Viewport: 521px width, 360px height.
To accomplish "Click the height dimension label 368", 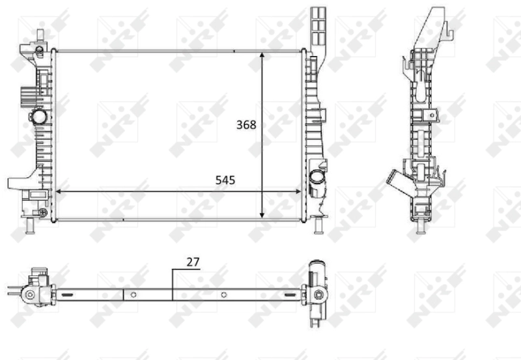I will coord(246,125).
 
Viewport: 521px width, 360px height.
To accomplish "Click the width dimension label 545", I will coord(225,180).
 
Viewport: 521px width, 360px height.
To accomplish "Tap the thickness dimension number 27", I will coord(192,262).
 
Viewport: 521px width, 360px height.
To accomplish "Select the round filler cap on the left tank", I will coord(39,118).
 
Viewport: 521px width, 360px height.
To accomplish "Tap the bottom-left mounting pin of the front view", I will coord(30,226).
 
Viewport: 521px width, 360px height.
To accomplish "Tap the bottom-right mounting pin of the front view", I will coord(318,226).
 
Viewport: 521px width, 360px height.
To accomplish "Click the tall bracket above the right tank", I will coord(318,29).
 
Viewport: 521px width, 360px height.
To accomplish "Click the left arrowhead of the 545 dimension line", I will coord(59,191).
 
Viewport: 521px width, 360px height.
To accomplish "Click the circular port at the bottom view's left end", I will coord(29,295).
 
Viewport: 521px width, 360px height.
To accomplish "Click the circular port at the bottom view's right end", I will coord(318,296).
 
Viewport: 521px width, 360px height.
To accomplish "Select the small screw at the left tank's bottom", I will coord(42,212).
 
